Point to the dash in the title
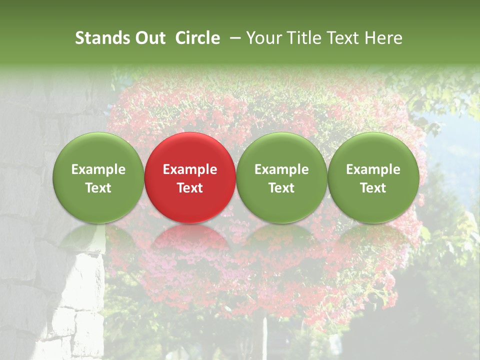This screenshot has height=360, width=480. tap(234, 38)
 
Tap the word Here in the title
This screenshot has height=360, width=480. tap(384, 38)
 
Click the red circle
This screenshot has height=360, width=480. tap(190, 177)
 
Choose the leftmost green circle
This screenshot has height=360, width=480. tap(98, 177)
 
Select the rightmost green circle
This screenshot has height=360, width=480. tap(373, 177)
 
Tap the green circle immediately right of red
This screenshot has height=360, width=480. tap(281, 177)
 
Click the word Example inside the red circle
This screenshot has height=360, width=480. tap(190, 169)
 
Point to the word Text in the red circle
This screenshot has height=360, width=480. tap(190, 188)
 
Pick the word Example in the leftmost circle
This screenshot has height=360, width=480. tap(98, 169)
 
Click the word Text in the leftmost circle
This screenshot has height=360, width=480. tap(98, 188)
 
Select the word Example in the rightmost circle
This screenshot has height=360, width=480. tap(373, 169)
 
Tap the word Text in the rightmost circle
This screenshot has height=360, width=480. tap(373, 188)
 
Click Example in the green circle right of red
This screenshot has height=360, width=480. tap(281, 169)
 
